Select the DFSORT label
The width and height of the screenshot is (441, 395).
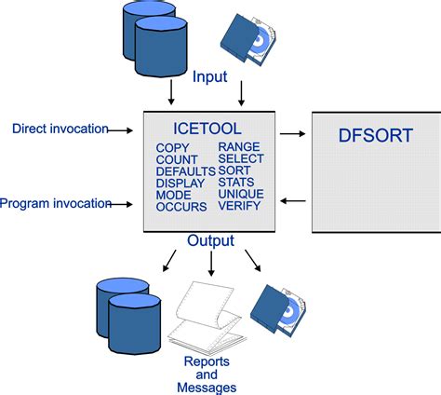[374, 136]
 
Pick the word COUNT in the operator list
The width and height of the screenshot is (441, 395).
[176, 159]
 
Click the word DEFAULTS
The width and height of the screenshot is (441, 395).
[185, 171]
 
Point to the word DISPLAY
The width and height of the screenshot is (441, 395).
[180, 184]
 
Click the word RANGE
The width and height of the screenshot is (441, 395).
[238, 147]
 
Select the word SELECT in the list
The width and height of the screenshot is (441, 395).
[241, 159]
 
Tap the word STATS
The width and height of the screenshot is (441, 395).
[237, 184]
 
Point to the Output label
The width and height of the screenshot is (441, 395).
[210, 241]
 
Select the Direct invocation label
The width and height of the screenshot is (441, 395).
[60, 129]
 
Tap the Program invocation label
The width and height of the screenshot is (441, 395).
[56, 202]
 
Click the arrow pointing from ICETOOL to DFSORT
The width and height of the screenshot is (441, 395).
[292, 134]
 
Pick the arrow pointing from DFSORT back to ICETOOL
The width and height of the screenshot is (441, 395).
[292, 200]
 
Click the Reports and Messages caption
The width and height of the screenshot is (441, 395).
[209, 374]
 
